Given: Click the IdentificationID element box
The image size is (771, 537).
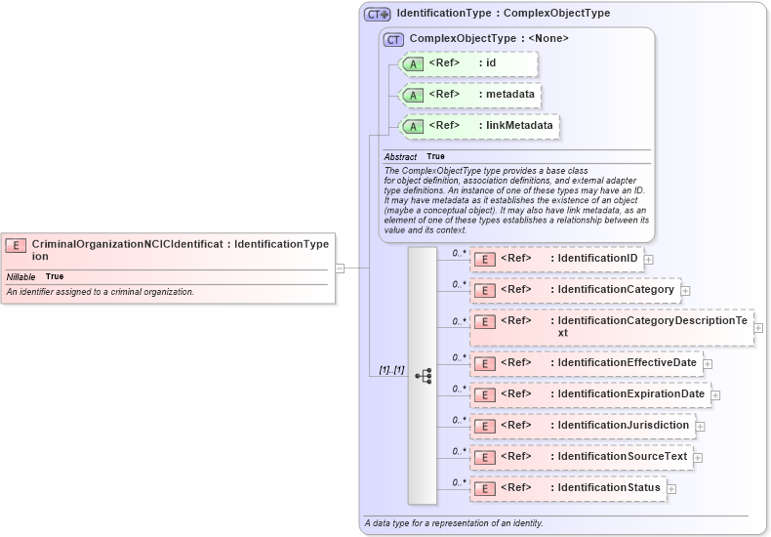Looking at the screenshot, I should coord(556,259).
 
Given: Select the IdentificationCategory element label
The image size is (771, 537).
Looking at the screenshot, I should coord(616,290).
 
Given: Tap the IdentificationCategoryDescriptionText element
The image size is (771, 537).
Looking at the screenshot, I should coord(612,327).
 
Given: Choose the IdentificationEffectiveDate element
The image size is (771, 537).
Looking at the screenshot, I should coord(586,363).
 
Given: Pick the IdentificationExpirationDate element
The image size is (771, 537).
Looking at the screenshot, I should coord(589,394).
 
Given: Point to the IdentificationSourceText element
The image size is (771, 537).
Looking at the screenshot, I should coord(582,457).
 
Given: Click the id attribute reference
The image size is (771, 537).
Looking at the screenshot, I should coord(468,63).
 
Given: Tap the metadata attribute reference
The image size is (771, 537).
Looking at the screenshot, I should coord(471,95).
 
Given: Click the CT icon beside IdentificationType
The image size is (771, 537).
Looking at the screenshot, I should coord(377,15).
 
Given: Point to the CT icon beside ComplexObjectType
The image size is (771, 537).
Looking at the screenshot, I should coord(394,39).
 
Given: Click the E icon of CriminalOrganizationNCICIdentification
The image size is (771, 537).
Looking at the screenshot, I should coord(17,246).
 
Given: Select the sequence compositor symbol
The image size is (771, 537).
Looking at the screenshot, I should coord(423,375).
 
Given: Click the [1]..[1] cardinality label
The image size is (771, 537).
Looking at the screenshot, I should coord(391,370).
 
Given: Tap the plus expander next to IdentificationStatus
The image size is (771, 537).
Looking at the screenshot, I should coord(671,489).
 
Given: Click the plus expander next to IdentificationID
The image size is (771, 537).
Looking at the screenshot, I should coord(648,260).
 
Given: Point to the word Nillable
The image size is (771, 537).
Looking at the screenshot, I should coord(21,277).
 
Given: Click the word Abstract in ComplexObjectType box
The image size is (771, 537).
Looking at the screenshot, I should coord(400,156).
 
